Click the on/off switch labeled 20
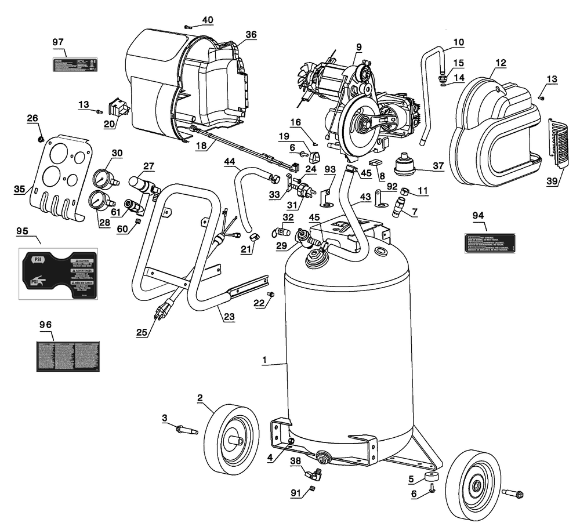pos(119,108)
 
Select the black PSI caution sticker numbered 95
pos(58,274)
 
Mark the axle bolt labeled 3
pos(185,430)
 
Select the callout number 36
pos(250,34)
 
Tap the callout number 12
pos(500,62)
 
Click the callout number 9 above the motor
pos(358,46)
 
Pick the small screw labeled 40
pos(187,26)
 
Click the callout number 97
pos(57,42)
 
